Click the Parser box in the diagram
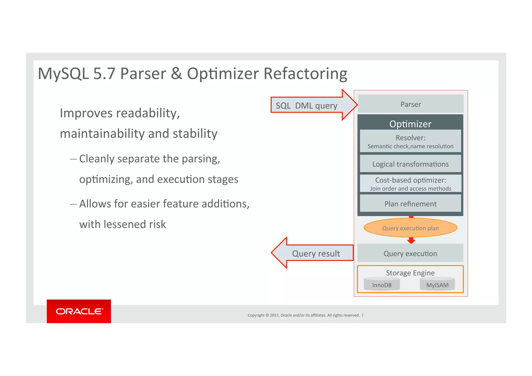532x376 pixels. click(410, 104)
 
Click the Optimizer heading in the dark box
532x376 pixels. click(410, 124)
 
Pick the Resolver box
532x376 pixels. click(410, 141)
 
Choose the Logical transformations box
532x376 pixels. click(410, 164)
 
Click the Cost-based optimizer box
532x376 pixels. click(410, 184)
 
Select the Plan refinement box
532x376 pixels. click(410, 204)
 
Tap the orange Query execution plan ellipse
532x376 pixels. click(410, 228)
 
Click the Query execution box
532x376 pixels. click(410, 253)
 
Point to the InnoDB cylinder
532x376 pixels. click(382, 284)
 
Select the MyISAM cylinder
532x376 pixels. click(437, 284)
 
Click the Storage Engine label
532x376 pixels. click(410, 273)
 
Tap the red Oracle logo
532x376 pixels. click(79, 311)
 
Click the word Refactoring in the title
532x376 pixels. click(305, 74)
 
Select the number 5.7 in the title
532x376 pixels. click(104, 74)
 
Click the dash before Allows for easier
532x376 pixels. click(73, 204)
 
